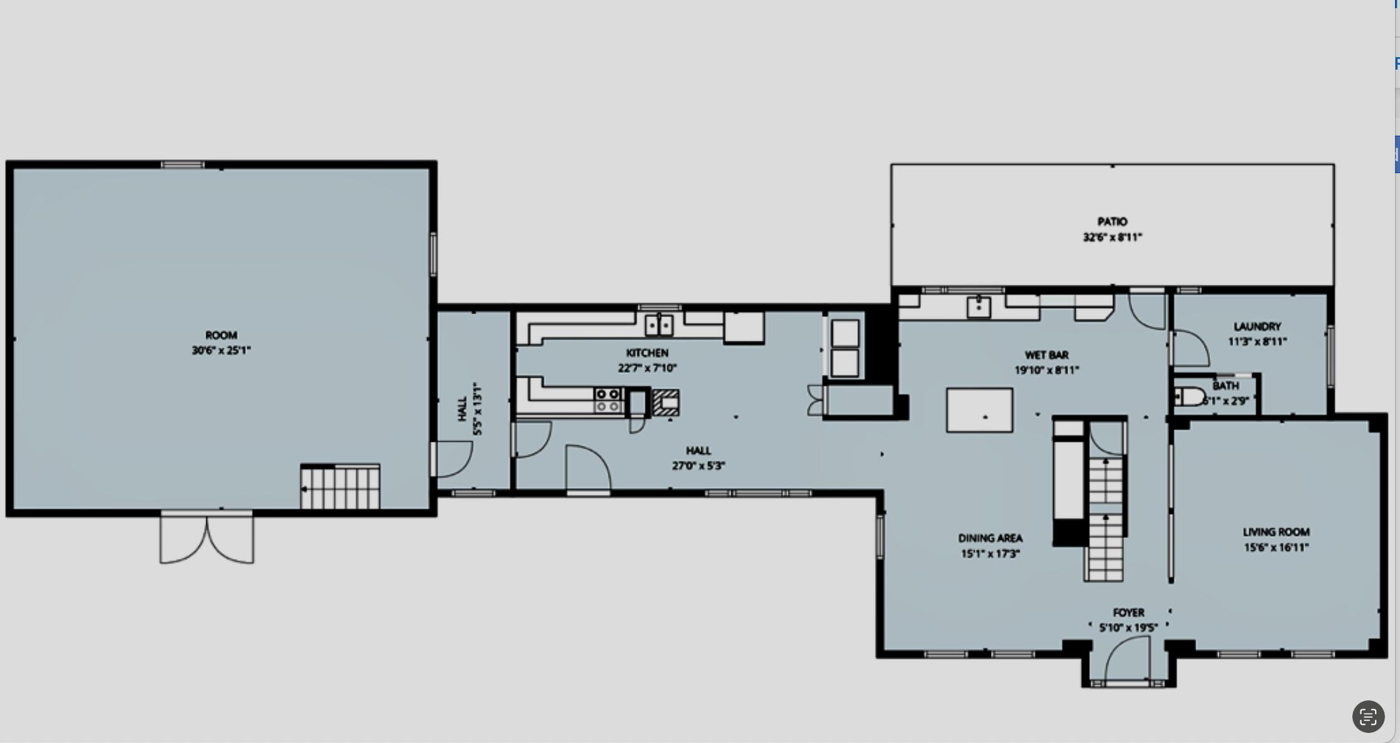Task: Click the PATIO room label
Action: click(x=1112, y=222)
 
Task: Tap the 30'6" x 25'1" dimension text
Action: click(x=221, y=350)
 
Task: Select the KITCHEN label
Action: click(x=647, y=353)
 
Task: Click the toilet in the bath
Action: click(x=1189, y=397)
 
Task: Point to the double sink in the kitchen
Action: click(x=659, y=325)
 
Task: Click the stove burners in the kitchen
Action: click(x=608, y=400)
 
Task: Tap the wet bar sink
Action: click(x=978, y=307)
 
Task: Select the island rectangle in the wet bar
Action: click(x=979, y=410)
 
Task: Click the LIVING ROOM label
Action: click(x=1276, y=532)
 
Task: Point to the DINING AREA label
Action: click(x=990, y=538)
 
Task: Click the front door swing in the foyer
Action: click(x=1126, y=659)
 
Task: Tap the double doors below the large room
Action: click(x=207, y=538)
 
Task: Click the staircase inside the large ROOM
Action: click(x=340, y=487)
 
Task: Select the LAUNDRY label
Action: click(x=1257, y=326)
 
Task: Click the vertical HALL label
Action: click(x=463, y=409)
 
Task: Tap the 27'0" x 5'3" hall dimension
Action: click(x=698, y=466)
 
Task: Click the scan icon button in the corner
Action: click(x=1368, y=717)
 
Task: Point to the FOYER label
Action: click(x=1128, y=612)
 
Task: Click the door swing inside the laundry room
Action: click(x=1191, y=349)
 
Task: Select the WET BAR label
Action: click(x=1046, y=355)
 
